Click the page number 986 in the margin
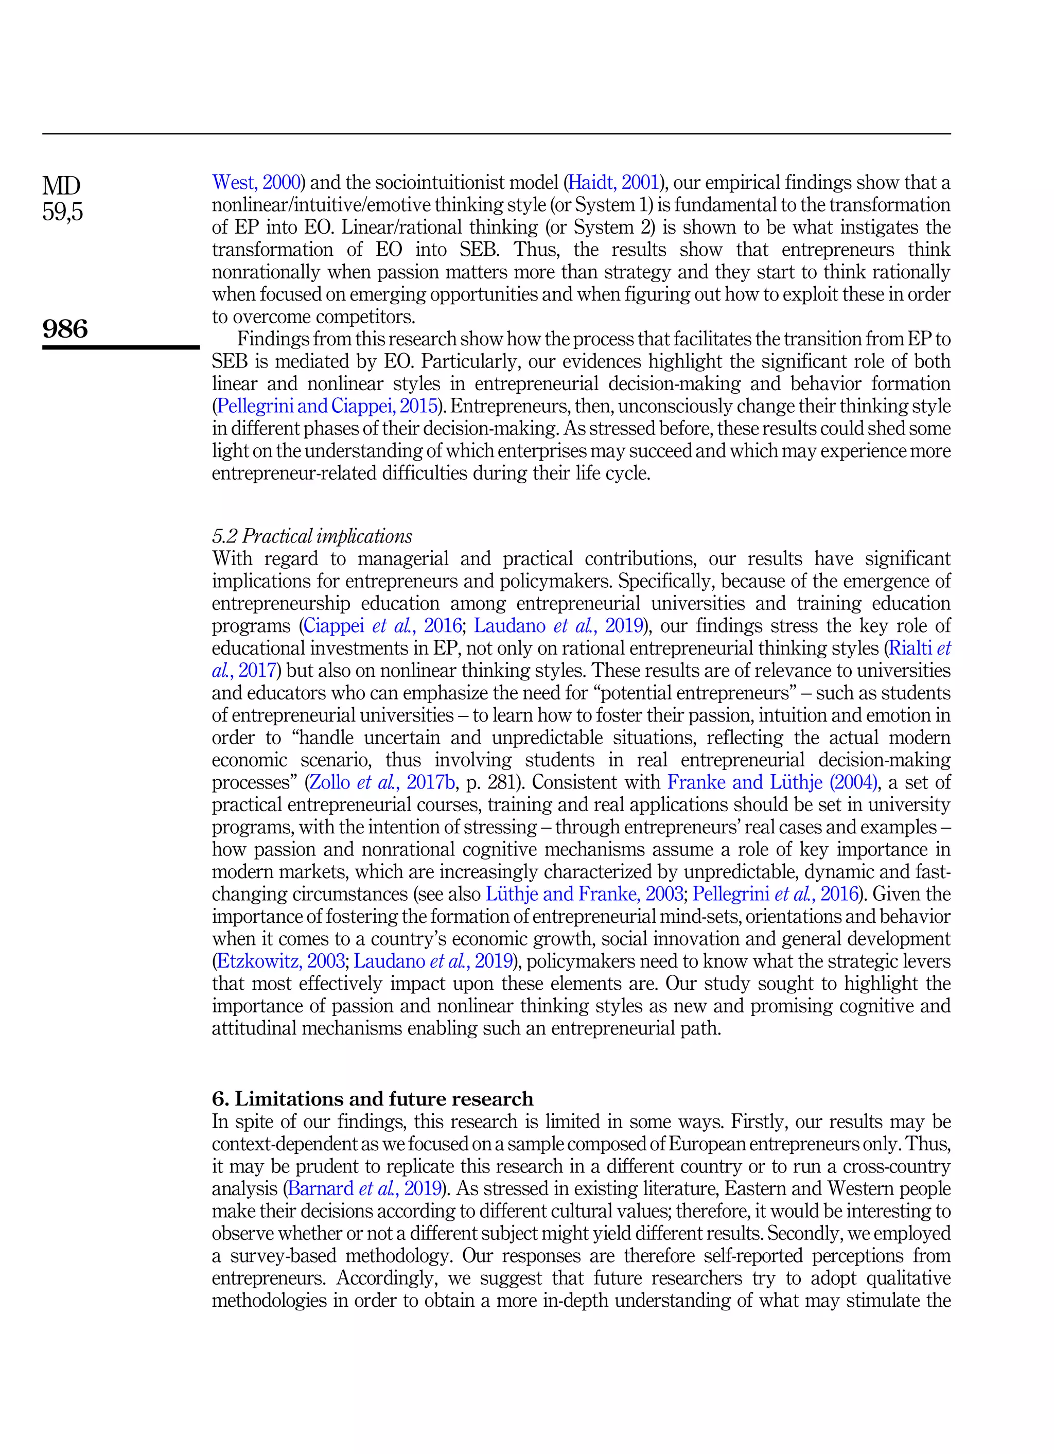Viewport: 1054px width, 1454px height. click(65, 329)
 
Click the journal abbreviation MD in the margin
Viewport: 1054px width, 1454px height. click(62, 186)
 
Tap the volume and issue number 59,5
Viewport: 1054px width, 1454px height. click(63, 212)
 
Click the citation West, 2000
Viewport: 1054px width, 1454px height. click(256, 183)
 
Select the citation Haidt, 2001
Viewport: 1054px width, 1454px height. click(613, 183)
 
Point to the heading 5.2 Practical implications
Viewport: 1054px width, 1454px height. click(312, 536)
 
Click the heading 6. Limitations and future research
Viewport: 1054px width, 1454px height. click(373, 1099)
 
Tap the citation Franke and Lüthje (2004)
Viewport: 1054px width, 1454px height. click(772, 782)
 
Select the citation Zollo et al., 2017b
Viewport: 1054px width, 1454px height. click(382, 782)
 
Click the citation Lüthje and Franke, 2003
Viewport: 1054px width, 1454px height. click(584, 894)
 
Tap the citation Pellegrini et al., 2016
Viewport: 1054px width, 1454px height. click(775, 894)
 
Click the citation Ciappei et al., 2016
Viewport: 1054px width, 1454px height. click(382, 626)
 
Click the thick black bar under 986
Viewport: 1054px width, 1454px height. click(121, 347)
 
